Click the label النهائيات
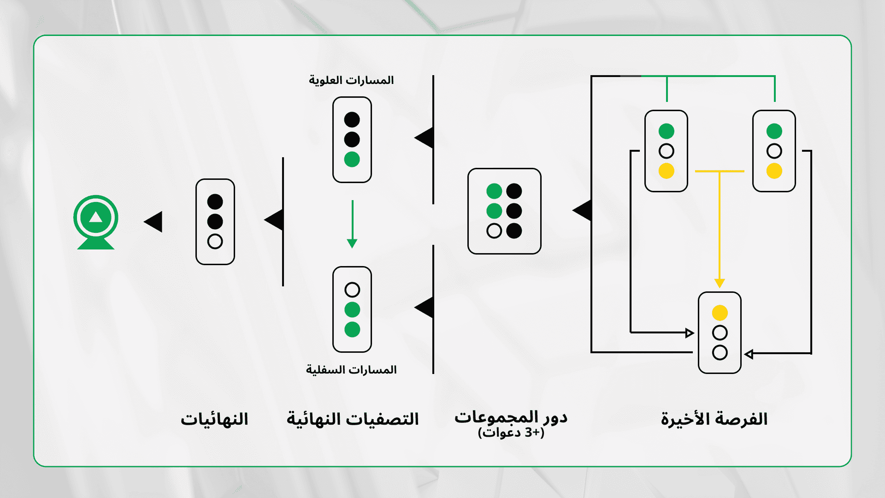point(214,419)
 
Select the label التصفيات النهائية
point(353,419)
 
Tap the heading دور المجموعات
point(511,417)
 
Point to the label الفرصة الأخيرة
point(714,419)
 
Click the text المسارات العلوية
point(351,80)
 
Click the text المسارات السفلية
point(351,370)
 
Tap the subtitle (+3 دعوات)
point(511,433)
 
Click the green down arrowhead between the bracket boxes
point(352,243)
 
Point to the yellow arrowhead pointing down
point(720,283)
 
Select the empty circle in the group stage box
point(494,231)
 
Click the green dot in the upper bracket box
point(352,160)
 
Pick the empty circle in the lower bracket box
point(352,290)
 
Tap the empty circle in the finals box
point(215,241)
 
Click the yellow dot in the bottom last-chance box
point(720,313)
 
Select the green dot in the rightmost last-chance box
point(774,131)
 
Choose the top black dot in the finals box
point(215,202)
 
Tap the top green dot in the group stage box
point(494,191)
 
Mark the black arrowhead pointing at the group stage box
point(582,210)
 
